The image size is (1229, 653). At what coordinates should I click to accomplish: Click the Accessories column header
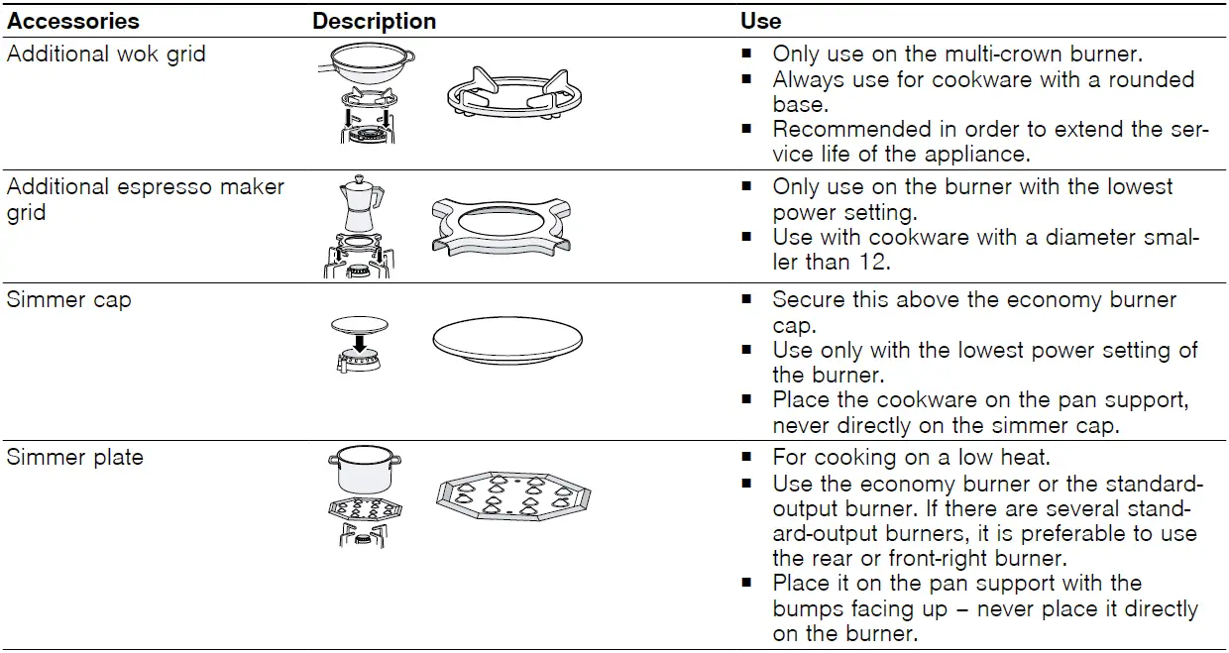[x=73, y=21]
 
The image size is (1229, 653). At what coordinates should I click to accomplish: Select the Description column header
[x=374, y=21]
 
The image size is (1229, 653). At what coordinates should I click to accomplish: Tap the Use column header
[x=760, y=21]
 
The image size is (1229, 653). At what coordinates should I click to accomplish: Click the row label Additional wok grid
[x=106, y=54]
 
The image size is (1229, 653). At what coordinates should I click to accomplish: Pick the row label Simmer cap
[x=68, y=300]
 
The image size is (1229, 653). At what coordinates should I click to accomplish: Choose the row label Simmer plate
[x=74, y=458]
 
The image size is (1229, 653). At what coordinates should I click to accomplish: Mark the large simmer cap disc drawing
[x=506, y=341]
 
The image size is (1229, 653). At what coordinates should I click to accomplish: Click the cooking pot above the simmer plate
[x=364, y=470]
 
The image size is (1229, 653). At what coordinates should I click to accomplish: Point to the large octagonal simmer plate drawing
[x=512, y=497]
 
